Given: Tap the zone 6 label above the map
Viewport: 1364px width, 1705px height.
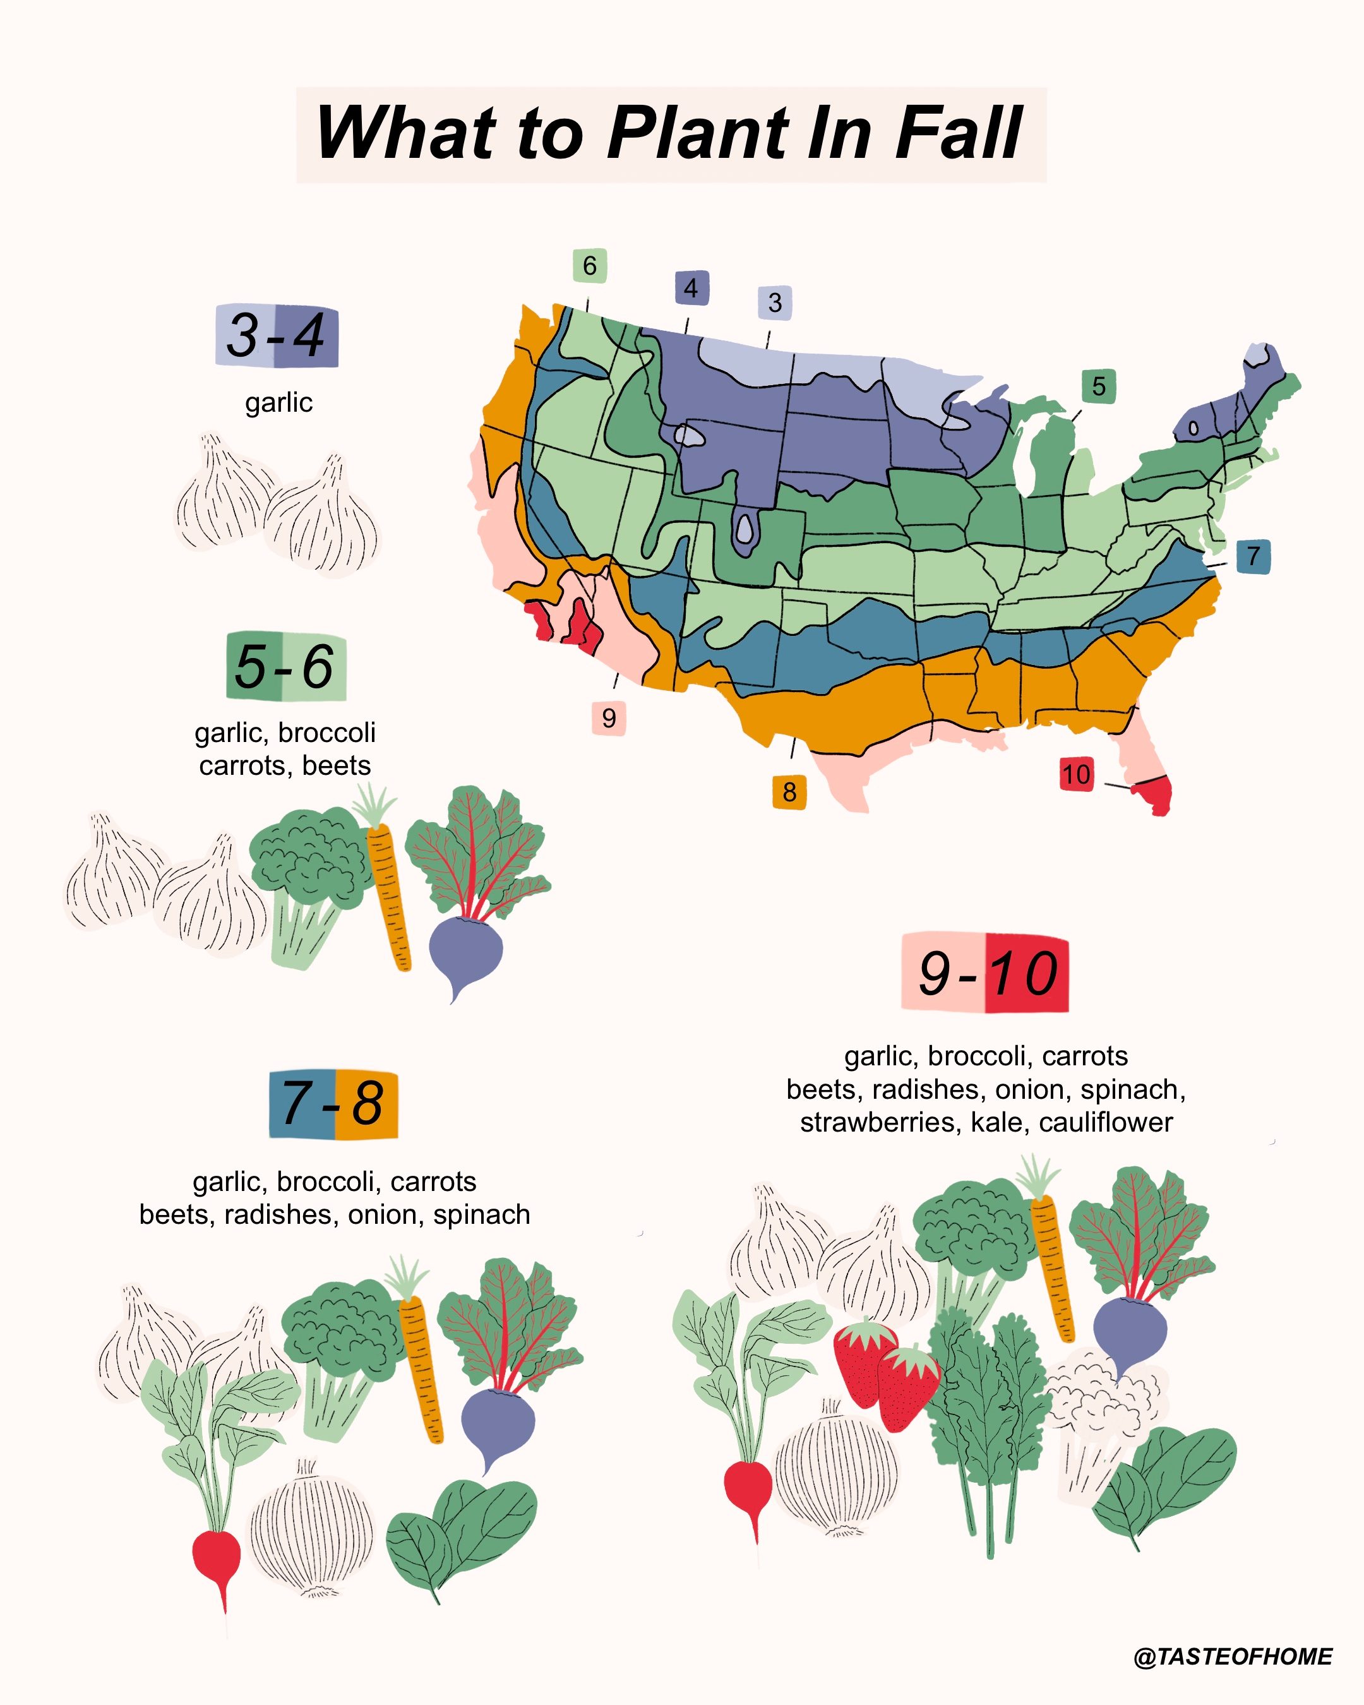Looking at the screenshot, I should coord(590,266).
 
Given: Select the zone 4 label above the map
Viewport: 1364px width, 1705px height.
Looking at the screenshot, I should coord(691,288).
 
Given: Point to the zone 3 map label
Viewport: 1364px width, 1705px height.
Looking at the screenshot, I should coord(775,302).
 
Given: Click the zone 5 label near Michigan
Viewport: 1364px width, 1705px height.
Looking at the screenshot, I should coord(1098,386).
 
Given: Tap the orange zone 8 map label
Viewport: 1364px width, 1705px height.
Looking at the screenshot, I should coord(789,792).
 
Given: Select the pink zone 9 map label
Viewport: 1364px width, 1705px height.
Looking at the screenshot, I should coord(608,718).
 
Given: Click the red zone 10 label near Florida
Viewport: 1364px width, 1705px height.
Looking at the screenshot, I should coord(1076,774).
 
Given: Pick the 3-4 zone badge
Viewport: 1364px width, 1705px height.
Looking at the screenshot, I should coord(277,336).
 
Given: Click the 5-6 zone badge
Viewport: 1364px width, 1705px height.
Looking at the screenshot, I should coord(286,667).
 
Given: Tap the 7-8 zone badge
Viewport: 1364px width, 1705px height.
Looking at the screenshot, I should coord(333,1104).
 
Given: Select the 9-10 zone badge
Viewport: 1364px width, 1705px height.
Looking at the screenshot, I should coord(985,972).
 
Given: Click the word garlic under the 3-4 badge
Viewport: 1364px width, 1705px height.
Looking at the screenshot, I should coord(278,402).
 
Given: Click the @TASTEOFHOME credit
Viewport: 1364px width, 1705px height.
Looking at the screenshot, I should coord(1233,1657).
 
